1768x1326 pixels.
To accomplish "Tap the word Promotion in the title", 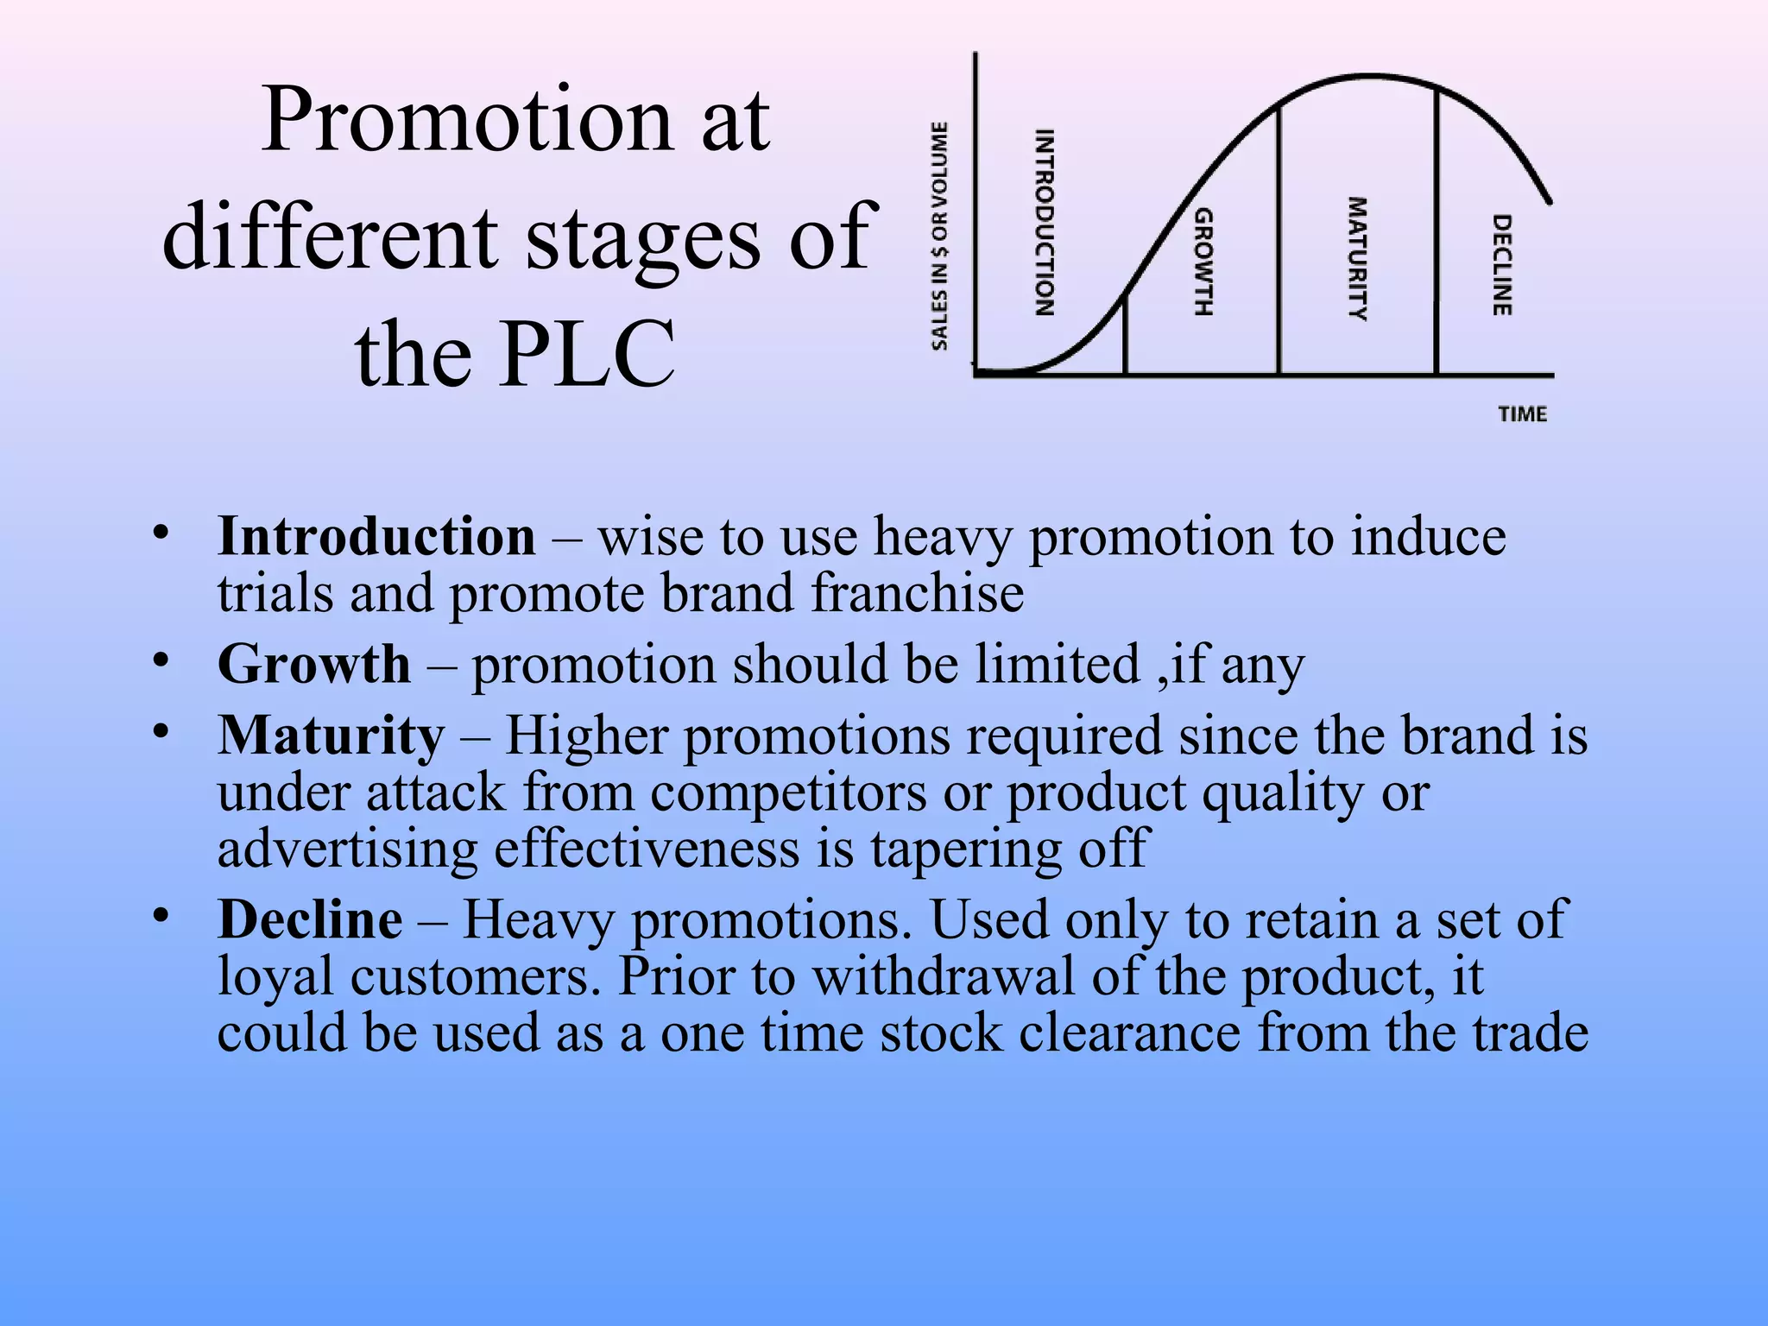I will [467, 120].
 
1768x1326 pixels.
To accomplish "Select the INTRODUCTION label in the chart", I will [1045, 223].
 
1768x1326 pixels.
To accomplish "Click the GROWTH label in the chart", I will [1203, 262].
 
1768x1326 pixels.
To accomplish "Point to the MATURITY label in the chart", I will [1358, 259].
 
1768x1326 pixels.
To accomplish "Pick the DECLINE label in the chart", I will [1502, 265].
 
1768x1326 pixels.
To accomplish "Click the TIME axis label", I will [1522, 414].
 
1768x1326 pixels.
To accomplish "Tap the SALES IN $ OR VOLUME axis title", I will [939, 236].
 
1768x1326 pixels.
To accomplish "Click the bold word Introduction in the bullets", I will [376, 537].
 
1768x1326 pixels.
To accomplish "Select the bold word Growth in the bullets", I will [314, 665].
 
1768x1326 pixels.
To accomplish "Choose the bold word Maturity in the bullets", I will [331, 736].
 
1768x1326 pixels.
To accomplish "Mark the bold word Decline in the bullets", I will [310, 919].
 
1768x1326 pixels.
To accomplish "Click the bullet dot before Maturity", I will [160, 732].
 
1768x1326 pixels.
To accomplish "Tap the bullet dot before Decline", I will [160, 915].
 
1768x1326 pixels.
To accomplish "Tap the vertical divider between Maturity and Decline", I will [1436, 233].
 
